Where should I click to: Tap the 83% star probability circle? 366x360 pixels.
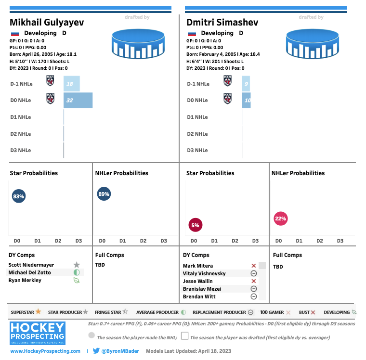click(19, 196)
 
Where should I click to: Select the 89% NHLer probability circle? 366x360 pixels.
click(104, 194)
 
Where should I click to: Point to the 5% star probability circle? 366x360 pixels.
click(195, 225)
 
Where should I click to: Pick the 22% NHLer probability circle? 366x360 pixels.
click(280, 219)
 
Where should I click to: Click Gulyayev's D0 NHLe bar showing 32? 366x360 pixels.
click(78, 100)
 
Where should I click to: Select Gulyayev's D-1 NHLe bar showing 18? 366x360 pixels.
click(72, 84)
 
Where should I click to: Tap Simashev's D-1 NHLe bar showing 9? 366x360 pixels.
click(246, 84)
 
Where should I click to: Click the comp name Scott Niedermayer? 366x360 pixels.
click(31, 265)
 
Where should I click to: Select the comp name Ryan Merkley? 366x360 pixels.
click(25, 280)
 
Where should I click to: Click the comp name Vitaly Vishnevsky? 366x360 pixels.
click(204, 273)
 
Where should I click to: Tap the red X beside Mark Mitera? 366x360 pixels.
click(254, 266)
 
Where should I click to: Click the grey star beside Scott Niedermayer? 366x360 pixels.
click(77, 265)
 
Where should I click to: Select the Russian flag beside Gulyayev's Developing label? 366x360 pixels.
click(15, 34)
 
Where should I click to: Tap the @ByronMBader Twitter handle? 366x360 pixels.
click(120, 351)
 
